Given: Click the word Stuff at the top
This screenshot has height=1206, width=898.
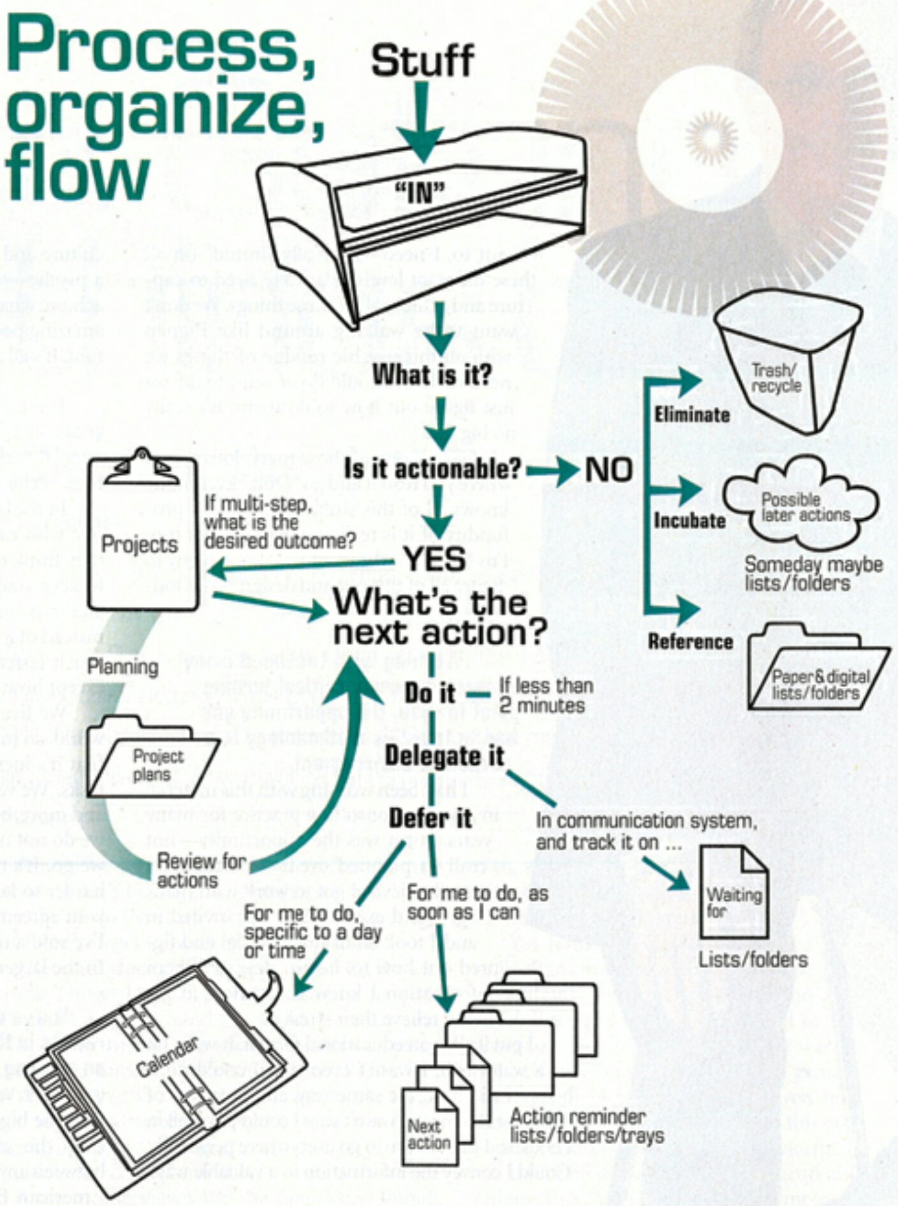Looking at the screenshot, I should coord(422,61).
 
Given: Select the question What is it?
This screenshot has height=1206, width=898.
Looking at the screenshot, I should coord(432,375).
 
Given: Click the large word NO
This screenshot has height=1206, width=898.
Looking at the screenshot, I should coord(608,470).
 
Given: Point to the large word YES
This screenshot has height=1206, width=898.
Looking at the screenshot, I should coord(435,559).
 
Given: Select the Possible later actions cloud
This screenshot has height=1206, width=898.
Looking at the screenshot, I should coord(801,507).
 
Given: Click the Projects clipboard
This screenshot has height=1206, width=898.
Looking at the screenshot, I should coord(142,535).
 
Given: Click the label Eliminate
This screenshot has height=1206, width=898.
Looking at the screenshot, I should coord(691,415).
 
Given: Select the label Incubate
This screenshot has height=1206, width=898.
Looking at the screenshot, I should coord(689,521).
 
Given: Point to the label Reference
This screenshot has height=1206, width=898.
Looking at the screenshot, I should coord(690,642).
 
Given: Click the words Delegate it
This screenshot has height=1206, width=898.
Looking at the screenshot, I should coord(444,756).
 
